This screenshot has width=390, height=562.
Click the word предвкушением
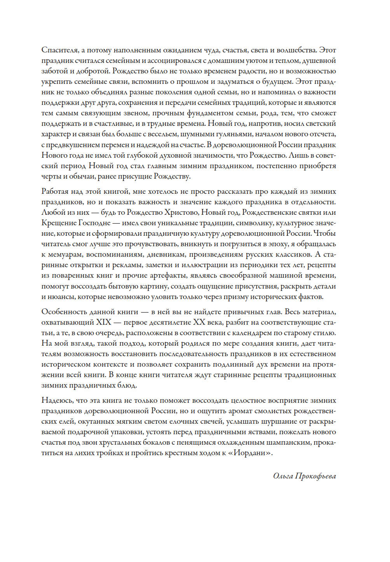coord(74,145)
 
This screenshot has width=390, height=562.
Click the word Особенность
coord(64,312)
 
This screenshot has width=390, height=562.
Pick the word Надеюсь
coord(57,400)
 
